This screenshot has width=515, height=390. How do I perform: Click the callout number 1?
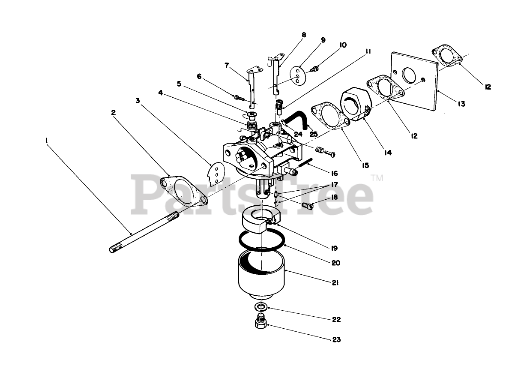pyautogui.click(x=46, y=140)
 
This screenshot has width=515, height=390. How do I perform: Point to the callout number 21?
pyautogui.click(x=335, y=282)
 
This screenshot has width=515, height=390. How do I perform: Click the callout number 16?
pyautogui.click(x=335, y=173)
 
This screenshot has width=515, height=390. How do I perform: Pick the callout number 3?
pyautogui.click(x=138, y=100)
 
